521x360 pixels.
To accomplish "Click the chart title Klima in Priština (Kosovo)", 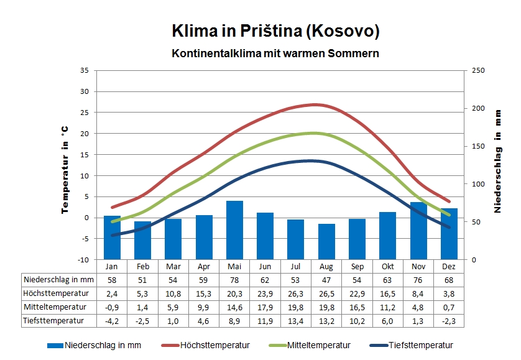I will [x=275, y=31].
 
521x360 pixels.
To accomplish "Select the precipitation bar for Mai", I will [x=234, y=230].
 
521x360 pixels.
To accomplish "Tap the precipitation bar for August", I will [x=326, y=241].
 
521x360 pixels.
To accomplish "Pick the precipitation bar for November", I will [x=418, y=231].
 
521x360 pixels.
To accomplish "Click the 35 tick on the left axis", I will [x=85, y=70].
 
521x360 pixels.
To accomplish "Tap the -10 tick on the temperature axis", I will [x=84, y=259].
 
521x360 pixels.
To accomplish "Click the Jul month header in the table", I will [x=296, y=265].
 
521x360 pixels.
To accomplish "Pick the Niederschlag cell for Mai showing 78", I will [x=234, y=280].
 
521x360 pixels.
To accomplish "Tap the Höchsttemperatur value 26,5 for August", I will [x=326, y=293].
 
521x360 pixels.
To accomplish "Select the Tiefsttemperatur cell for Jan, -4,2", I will [x=112, y=321].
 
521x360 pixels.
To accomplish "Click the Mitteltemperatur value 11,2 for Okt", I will [x=387, y=307].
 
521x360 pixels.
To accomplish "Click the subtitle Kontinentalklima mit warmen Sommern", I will [x=275, y=53].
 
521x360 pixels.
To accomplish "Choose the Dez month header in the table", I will [x=449, y=265].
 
